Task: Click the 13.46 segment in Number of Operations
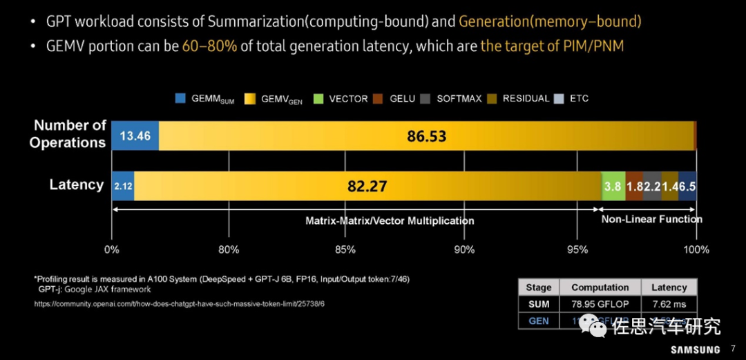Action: [x=135, y=135]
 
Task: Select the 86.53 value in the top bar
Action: [x=426, y=135]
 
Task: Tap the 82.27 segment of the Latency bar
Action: [x=367, y=186]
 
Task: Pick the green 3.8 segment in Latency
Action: [x=613, y=186]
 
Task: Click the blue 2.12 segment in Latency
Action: [x=122, y=186]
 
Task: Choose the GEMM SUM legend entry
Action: [x=205, y=99]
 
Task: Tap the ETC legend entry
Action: [x=573, y=99]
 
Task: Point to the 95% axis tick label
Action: [x=579, y=249]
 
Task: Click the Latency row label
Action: [x=76, y=184]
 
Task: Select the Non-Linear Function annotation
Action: [x=651, y=219]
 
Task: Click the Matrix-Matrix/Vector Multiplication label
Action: [x=390, y=221]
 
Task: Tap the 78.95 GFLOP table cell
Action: [x=600, y=304]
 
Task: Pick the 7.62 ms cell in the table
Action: [x=669, y=304]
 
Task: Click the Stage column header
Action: [x=539, y=287]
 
